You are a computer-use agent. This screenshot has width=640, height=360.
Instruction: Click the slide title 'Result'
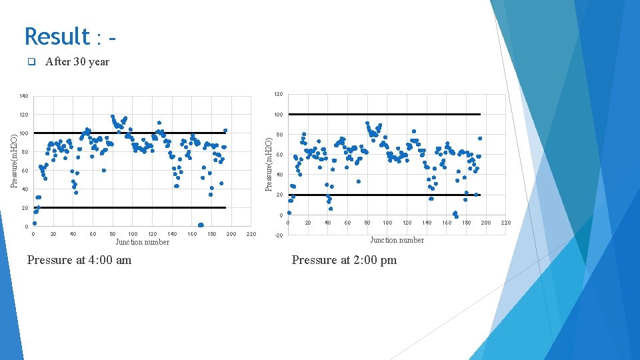click(x=57, y=36)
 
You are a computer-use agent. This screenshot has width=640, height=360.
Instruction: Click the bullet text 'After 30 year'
click(x=77, y=62)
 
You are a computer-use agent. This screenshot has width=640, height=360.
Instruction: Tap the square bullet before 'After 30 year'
click(x=31, y=62)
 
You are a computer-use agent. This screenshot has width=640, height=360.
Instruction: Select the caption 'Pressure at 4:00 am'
click(x=79, y=260)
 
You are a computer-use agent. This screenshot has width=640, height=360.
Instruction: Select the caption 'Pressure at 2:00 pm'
click(x=344, y=260)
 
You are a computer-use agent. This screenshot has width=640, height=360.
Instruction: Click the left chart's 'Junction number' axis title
click(x=142, y=242)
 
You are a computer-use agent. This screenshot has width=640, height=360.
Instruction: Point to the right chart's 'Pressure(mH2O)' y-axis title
click(x=269, y=165)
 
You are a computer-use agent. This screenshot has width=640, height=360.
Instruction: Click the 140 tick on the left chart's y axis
click(x=24, y=97)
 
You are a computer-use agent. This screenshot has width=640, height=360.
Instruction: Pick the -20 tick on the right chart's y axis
click(x=279, y=235)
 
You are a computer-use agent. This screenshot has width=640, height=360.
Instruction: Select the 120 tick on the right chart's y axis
click(x=279, y=94)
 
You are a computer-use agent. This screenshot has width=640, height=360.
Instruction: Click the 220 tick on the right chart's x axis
click(x=505, y=223)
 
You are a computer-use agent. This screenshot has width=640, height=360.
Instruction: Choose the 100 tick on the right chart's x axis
click(x=387, y=223)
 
